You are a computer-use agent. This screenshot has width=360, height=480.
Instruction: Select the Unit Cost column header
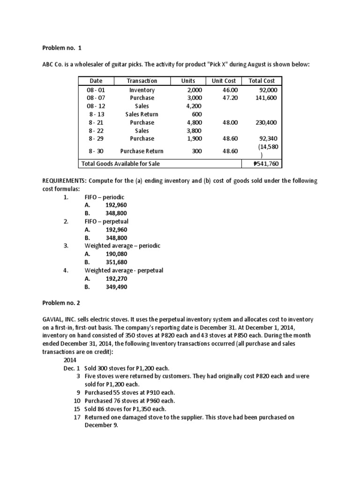point(224,81)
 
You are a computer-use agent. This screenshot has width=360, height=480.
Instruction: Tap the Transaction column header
point(142,81)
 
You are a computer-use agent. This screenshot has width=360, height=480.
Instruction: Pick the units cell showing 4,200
point(194,106)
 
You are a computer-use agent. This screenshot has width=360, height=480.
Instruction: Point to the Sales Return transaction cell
point(142,114)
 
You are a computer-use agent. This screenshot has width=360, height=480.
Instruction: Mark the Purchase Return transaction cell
point(142,151)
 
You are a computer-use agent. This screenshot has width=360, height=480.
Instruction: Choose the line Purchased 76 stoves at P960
point(129,401)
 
